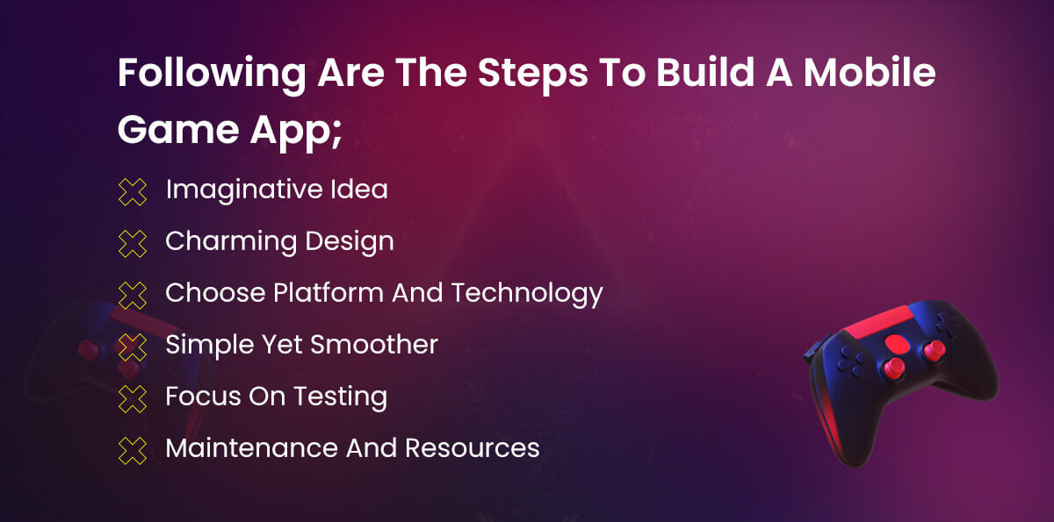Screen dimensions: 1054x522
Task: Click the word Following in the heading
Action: tap(212, 75)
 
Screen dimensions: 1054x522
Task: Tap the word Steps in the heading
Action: tap(532, 75)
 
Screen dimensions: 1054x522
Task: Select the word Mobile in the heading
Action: tap(869, 72)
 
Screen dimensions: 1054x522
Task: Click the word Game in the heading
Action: tap(178, 130)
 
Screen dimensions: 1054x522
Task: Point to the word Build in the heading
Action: tap(705, 72)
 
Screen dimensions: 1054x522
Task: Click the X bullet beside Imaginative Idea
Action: tap(133, 192)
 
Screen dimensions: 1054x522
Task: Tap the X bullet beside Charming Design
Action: tap(133, 243)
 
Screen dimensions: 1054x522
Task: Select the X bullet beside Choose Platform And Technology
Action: tap(133, 295)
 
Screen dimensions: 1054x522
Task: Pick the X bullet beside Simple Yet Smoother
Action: tap(133, 347)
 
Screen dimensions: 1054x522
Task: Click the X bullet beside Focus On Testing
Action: tap(133, 398)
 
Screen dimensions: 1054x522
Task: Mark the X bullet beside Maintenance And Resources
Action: tap(133, 450)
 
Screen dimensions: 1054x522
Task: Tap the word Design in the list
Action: tap(350, 242)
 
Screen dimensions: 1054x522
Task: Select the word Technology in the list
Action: tap(527, 294)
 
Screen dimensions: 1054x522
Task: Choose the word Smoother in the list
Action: tap(374, 345)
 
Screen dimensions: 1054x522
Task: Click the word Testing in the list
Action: tap(341, 397)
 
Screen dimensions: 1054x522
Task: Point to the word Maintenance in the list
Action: tap(252, 447)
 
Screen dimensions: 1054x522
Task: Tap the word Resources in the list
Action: tap(472, 447)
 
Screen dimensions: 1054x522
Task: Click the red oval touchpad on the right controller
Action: tap(898, 342)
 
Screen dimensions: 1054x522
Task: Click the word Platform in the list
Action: tap(328, 293)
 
